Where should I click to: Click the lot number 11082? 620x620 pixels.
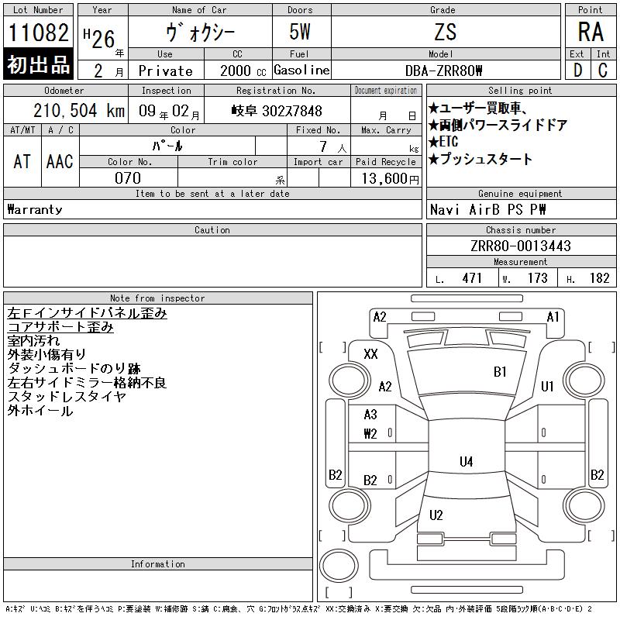pyautogui.click(x=38, y=33)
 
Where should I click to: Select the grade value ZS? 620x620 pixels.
pyautogui.click(x=446, y=32)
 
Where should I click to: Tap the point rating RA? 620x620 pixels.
pyautogui.click(x=591, y=32)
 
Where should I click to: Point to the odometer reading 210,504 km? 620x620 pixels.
pyautogui.click(x=79, y=110)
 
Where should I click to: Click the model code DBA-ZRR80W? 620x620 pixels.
pyautogui.click(x=443, y=71)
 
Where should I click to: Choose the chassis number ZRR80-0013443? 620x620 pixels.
pyautogui.click(x=521, y=246)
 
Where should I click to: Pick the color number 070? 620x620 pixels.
pyautogui.click(x=128, y=178)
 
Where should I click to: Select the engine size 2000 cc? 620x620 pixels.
pyautogui.click(x=243, y=71)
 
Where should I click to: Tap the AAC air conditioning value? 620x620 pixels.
pyautogui.click(x=60, y=161)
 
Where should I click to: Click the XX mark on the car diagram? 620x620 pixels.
pyautogui.click(x=370, y=353)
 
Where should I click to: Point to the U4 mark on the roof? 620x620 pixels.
pyautogui.click(x=467, y=461)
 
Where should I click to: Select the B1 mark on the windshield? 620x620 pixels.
pyautogui.click(x=500, y=372)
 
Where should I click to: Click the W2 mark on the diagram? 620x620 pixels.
pyautogui.click(x=370, y=434)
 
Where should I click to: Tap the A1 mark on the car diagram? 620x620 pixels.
pyautogui.click(x=553, y=317)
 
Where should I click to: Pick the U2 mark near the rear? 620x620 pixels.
pyautogui.click(x=436, y=515)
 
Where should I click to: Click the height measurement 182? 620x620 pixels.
pyautogui.click(x=599, y=278)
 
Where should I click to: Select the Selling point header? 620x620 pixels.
pyautogui.click(x=520, y=91)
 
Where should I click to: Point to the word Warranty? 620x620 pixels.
pyautogui.click(x=35, y=209)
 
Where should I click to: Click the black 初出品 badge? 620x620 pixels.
pyautogui.click(x=38, y=64)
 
